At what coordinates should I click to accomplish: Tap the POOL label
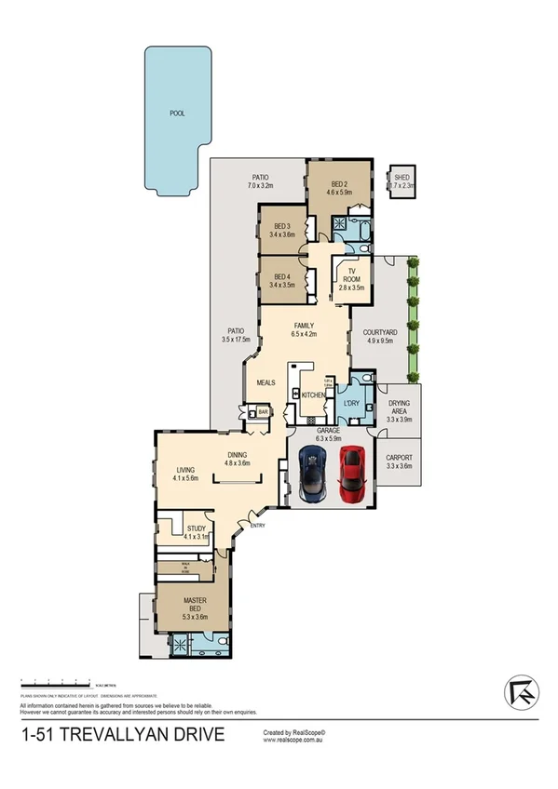click(x=177, y=114)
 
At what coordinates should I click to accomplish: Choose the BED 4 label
click(x=281, y=278)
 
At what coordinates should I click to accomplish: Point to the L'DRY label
click(x=351, y=403)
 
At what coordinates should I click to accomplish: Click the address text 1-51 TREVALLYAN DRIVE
click(x=122, y=736)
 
